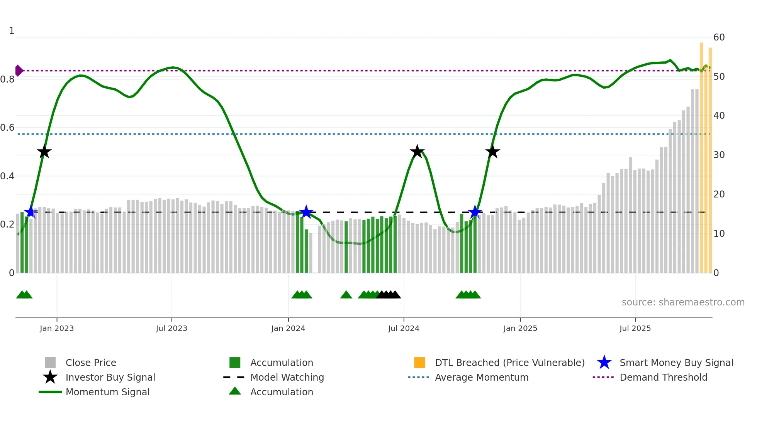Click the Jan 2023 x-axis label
tap(57, 328)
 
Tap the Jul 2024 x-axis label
tap(404, 328)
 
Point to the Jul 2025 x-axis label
tap(635, 328)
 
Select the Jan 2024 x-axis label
tap(288, 328)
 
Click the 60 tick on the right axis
tap(719, 37)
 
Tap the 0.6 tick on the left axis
tap(7, 128)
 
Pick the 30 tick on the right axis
tap(719, 155)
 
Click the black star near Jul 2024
tap(417, 152)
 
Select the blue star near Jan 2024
tap(306, 212)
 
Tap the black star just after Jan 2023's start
tap(44, 152)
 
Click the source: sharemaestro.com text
tap(683, 302)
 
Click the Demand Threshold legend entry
tap(663, 377)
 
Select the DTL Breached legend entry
tap(509, 363)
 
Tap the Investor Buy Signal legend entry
tap(110, 377)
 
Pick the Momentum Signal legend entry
tap(107, 392)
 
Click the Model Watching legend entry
tap(287, 377)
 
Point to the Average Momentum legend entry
tap(481, 377)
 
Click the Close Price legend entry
tap(91, 363)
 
